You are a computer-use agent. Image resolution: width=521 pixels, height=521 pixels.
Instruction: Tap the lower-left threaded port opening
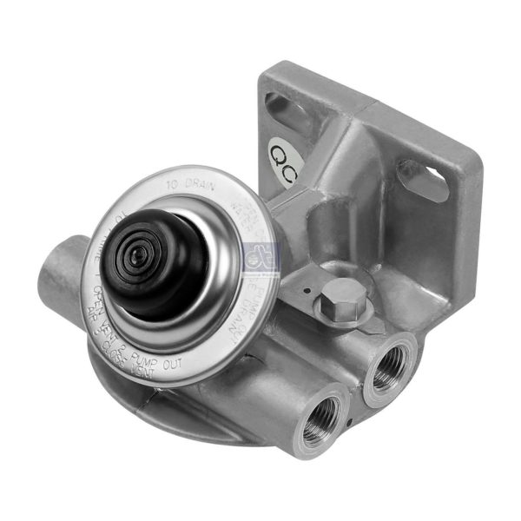[x=320, y=414]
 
